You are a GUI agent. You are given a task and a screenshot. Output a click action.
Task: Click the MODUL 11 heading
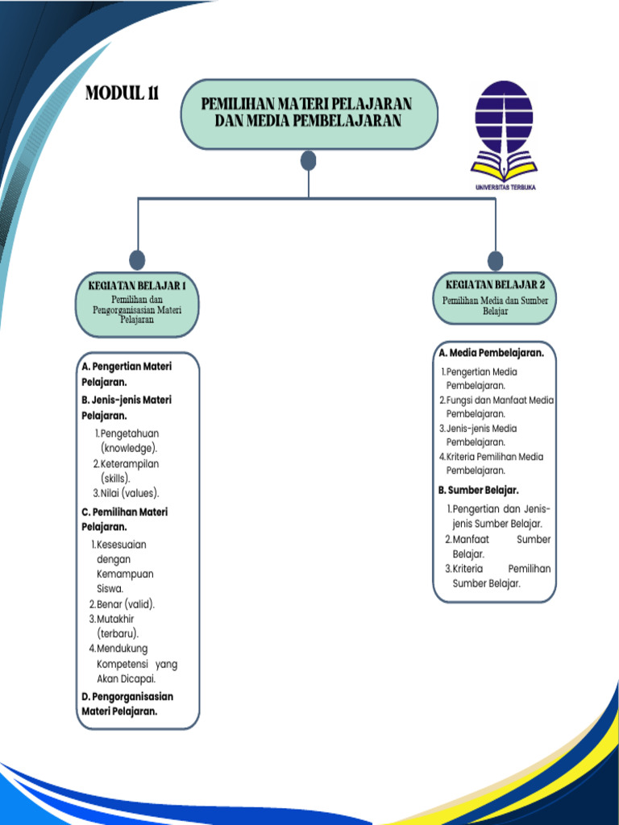pos(122,93)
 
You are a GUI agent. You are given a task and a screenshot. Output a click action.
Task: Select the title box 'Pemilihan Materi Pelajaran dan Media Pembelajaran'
pos(309,114)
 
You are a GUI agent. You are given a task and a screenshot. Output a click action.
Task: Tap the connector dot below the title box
pos(308,161)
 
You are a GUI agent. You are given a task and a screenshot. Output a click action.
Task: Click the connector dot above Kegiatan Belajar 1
pos(138,259)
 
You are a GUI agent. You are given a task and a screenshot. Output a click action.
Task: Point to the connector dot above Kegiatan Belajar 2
pos(495,260)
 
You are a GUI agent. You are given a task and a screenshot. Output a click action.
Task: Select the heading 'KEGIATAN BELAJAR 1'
pos(137,286)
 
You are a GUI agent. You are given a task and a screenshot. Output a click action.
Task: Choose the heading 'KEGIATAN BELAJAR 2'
pos(495,284)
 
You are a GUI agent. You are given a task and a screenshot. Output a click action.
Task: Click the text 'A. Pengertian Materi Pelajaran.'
pos(127,374)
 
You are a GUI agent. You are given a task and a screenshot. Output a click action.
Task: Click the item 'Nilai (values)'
pos(127,493)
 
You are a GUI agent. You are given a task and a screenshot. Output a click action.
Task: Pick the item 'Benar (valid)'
pos(123,604)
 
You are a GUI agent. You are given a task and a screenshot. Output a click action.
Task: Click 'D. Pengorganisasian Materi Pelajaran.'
pos(127,703)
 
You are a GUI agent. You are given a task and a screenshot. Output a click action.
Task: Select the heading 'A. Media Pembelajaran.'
pos(491,353)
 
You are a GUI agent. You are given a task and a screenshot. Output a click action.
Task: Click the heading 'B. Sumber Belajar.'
pos(479,490)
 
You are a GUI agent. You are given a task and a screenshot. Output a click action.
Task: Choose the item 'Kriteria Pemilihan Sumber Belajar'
pos(498,576)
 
